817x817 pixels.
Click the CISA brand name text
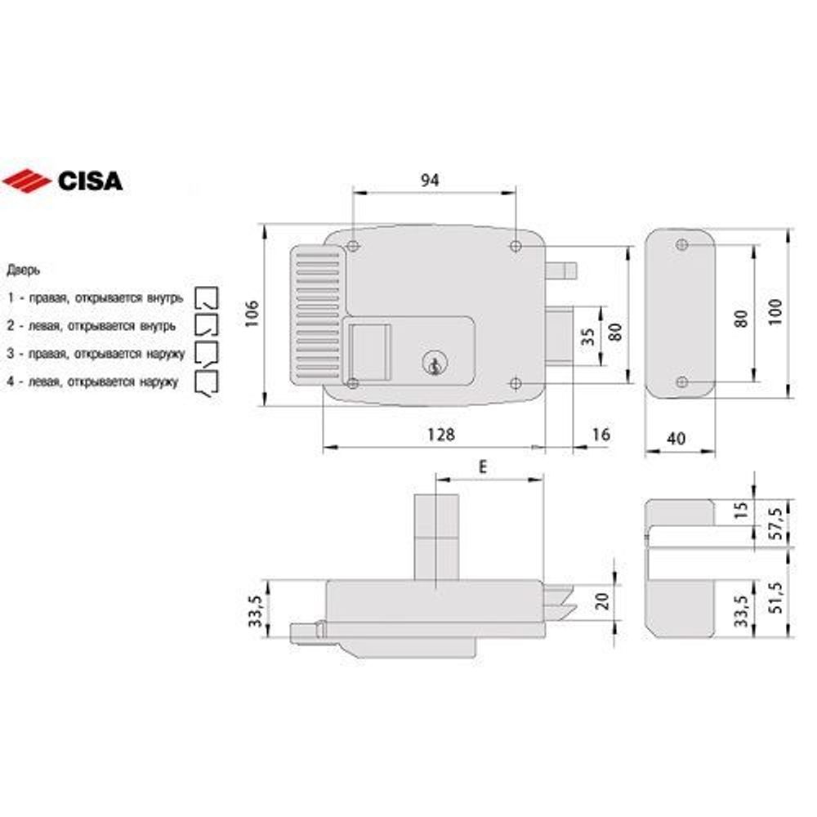click(90, 180)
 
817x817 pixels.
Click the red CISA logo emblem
click(27, 180)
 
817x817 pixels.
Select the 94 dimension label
click(430, 181)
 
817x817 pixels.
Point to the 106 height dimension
click(252, 315)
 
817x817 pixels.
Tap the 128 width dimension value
click(440, 435)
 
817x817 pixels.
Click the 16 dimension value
click(600, 435)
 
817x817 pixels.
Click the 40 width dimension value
click(676, 439)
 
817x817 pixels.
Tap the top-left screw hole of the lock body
click(352, 246)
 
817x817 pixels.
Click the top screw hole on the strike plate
click(682, 244)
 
